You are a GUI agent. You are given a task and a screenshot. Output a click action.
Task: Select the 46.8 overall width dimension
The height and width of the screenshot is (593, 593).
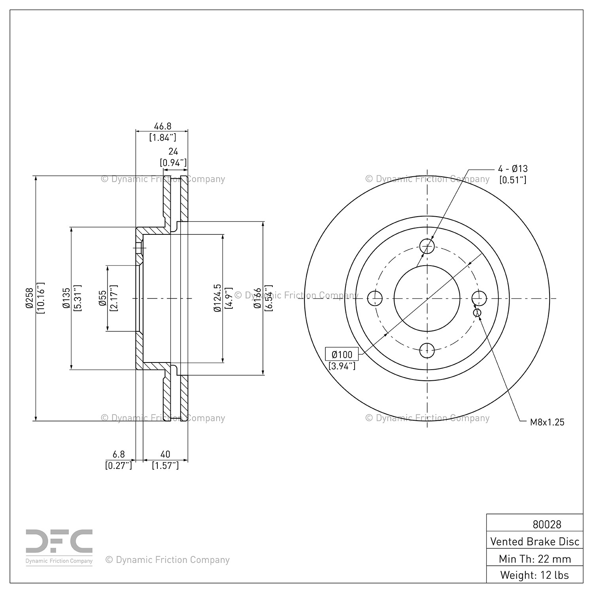(163, 126)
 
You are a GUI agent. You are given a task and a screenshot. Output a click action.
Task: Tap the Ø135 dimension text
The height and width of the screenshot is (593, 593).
(66, 298)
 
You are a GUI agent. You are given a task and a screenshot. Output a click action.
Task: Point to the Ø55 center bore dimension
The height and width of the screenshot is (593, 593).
(102, 298)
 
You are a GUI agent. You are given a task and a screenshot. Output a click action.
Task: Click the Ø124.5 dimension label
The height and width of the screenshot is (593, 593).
(217, 298)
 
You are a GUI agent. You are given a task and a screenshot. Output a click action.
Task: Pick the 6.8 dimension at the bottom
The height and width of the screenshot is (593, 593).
(119, 455)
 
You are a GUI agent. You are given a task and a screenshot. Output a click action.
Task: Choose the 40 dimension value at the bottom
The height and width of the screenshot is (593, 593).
(165, 455)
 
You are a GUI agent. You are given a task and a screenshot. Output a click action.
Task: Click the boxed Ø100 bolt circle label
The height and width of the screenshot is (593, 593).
(342, 354)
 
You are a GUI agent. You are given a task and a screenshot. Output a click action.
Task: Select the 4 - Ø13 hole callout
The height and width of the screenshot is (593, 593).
(513, 168)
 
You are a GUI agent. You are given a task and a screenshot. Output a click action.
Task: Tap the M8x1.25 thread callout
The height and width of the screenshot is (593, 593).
(547, 422)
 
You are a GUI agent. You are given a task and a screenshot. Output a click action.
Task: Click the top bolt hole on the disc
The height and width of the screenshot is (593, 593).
(427, 246)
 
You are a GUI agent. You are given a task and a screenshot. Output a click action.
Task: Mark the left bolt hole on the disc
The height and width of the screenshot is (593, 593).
(375, 298)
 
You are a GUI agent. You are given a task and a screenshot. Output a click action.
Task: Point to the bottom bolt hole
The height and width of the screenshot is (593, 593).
(427, 350)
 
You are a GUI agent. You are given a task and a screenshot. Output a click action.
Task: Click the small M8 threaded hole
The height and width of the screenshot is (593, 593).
(478, 313)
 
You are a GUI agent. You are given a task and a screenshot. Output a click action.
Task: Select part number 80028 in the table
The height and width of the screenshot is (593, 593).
(547, 524)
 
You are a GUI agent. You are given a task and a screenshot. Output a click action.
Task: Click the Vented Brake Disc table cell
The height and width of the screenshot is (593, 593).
(535, 541)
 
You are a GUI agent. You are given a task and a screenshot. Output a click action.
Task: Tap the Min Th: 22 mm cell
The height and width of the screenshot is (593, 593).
(535, 559)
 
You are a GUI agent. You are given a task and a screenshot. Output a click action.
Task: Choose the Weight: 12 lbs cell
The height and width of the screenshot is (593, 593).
(535, 575)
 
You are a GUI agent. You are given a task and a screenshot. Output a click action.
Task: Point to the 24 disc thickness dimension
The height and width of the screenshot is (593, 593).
(173, 151)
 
